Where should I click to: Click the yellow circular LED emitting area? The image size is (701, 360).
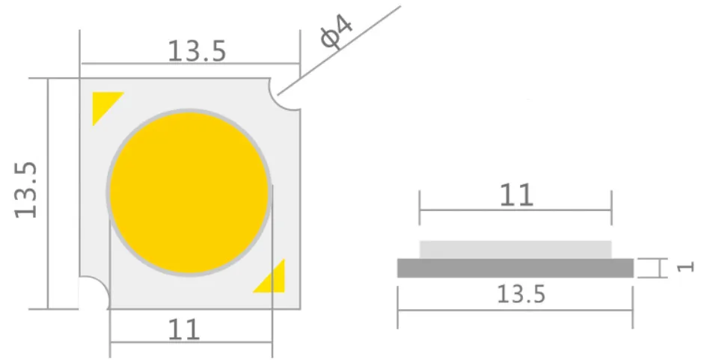[189, 192]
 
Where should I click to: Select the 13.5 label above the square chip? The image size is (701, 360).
[196, 51]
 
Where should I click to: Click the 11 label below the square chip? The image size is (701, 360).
[184, 329]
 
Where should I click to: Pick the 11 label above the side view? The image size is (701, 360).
[516, 195]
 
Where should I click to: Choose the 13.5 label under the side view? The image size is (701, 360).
[521, 295]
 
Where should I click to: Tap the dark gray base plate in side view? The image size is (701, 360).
[515, 268]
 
